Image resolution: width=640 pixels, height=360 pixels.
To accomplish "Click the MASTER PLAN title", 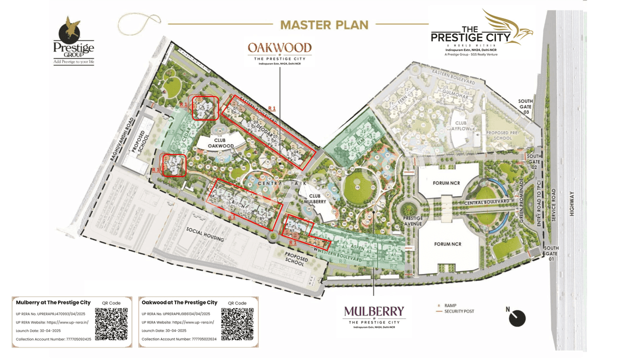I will tap(324, 24).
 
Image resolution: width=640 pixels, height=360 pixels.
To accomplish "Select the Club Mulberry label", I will tap(317, 199).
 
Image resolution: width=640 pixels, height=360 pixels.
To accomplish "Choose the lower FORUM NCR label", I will tap(447, 244).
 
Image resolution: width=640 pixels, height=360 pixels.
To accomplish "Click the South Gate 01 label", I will tap(551, 253).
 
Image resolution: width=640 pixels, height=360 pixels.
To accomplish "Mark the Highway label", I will tap(572, 204).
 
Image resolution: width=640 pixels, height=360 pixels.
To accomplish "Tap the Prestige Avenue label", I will tap(412, 221).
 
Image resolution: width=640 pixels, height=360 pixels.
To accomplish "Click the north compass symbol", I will tap(517, 318).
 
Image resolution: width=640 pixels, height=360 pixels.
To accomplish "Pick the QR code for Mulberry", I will tap(111, 324).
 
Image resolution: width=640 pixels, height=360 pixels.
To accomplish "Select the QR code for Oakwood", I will tap(237, 324).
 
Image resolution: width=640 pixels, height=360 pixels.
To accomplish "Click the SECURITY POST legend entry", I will tap(459, 311).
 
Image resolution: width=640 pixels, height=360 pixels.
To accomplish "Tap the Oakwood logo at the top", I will tap(279, 53).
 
